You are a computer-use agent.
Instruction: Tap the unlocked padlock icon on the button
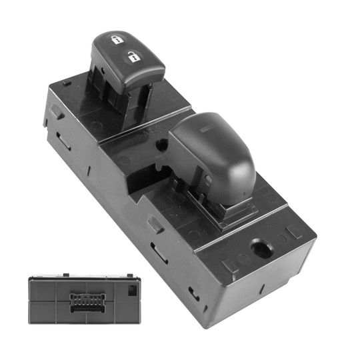click(133, 57)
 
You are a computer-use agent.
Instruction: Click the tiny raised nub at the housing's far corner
click(68, 83)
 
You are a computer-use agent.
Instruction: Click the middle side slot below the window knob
click(159, 253)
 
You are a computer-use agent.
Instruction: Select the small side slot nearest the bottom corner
click(193, 293)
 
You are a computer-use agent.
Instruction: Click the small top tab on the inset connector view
click(65, 273)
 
